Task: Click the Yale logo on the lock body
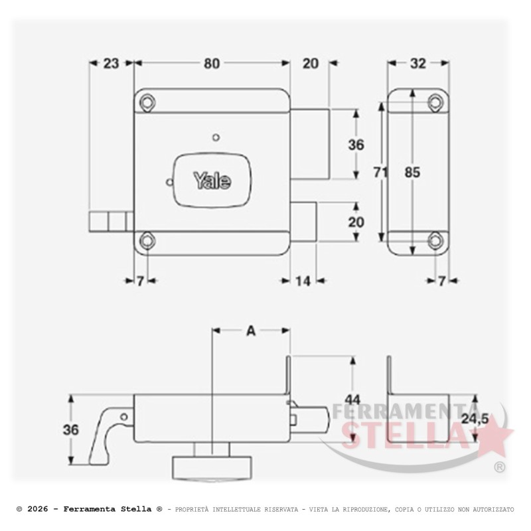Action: (x=212, y=181)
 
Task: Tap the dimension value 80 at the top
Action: (x=212, y=64)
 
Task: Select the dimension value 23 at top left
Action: (x=111, y=63)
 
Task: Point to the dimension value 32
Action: (x=418, y=63)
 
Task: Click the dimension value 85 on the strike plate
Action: (x=412, y=173)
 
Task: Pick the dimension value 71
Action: (x=380, y=173)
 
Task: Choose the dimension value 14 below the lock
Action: (x=303, y=281)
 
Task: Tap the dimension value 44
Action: (x=353, y=400)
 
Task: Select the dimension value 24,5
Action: (x=475, y=419)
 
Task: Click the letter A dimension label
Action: (x=251, y=331)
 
